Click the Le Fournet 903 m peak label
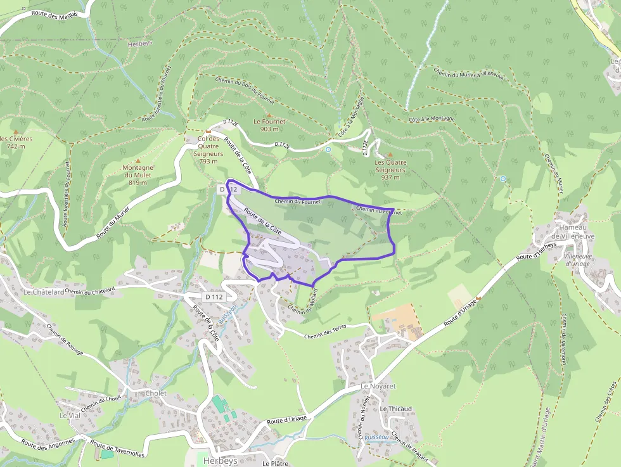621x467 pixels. [269, 125]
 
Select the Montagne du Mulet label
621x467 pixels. [138, 174]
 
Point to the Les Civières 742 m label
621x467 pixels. [15, 142]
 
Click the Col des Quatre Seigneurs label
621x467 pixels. [208, 150]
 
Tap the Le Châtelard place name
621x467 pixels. [43, 292]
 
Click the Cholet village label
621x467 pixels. [156, 393]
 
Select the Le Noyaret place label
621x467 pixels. [378, 386]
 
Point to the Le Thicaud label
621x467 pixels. [396, 409]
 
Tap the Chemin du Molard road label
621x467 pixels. [302, 309]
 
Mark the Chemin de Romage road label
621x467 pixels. [65, 340]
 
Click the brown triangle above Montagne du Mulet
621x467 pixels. [138, 161]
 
